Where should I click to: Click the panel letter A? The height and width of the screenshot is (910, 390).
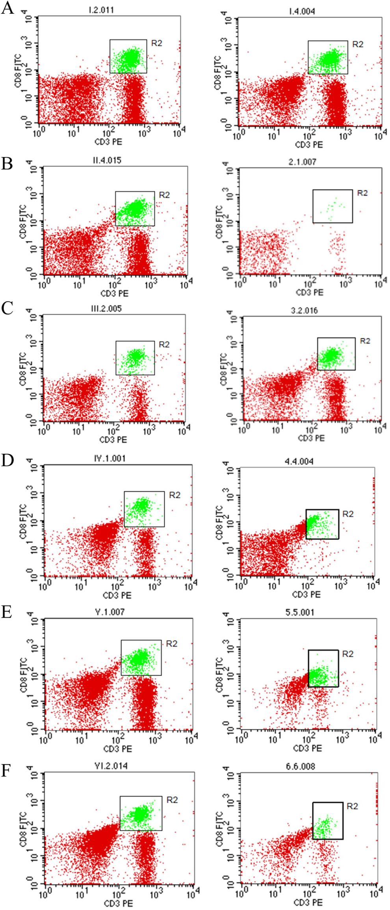click(8, 7)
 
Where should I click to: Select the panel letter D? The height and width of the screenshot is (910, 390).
click(8, 460)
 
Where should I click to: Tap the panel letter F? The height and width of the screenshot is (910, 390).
click(7, 771)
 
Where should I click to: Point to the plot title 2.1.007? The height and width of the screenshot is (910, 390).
click(302, 162)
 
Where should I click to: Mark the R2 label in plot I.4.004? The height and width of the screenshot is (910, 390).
click(358, 44)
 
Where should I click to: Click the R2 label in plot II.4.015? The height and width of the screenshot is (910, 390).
click(165, 195)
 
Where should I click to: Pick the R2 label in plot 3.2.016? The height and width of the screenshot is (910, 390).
click(365, 341)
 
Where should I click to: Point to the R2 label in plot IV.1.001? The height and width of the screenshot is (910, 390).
click(175, 495)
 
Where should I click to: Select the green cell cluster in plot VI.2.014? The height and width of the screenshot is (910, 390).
click(140, 813)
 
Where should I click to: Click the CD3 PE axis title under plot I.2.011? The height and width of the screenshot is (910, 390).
click(108, 141)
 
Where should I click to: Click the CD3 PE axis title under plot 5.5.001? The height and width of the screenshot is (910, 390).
click(309, 748)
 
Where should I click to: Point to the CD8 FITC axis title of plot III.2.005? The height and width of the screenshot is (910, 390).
click(24, 369)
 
